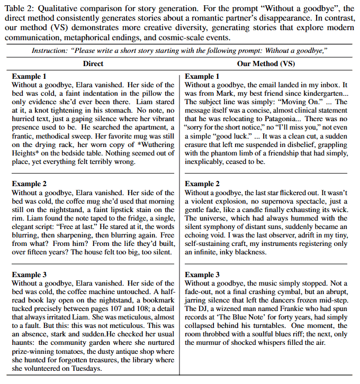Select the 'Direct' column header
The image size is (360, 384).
pos(93,64)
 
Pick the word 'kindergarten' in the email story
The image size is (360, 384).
pos(319,93)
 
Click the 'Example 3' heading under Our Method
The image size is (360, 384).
pos(202,275)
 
